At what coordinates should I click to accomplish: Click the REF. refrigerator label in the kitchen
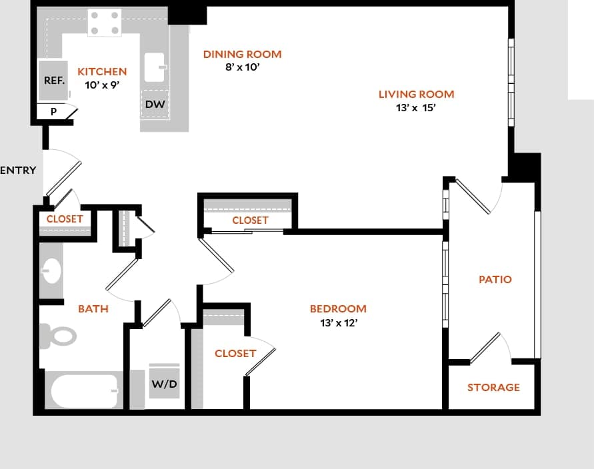(x=54, y=80)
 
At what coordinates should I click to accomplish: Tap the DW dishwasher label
(x=155, y=105)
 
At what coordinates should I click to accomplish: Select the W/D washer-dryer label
(x=164, y=384)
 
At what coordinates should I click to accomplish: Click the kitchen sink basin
(x=155, y=67)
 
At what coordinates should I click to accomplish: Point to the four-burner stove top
(x=105, y=23)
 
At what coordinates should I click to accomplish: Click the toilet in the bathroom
(x=58, y=335)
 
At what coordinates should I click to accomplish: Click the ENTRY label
(x=18, y=170)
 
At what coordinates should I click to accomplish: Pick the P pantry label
(x=53, y=113)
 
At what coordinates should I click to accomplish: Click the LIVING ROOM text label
(x=416, y=94)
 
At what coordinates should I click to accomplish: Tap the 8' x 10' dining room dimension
(x=242, y=67)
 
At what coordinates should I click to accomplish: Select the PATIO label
(x=495, y=279)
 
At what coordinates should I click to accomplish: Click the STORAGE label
(x=493, y=387)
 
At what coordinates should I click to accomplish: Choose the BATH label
(x=93, y=308)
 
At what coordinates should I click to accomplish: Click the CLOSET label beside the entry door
(x=65, y=219)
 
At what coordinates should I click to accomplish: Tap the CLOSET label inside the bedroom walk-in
(x=235, y=353)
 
